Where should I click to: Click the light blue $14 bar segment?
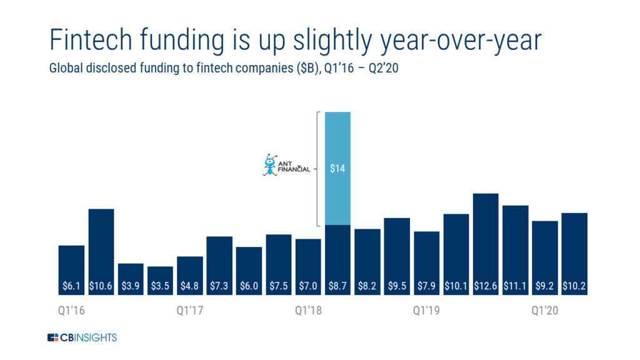(x=337, y=168)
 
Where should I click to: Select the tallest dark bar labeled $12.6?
(x=486, y=244)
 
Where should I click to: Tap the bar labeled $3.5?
(x=160, y=281)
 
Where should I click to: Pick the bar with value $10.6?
(x=101, y=252)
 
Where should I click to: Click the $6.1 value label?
(x=71, y=286)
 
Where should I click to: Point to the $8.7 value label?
(x=337, y=286)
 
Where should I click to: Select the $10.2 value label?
(x=574, y=286)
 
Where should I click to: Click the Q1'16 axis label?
(x=71, y=311)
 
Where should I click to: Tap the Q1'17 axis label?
(x=190, y=311)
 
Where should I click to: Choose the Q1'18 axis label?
(x=308, y=311)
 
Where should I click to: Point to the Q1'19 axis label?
(x=426, y=311)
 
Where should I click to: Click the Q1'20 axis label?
(x=545, y=311)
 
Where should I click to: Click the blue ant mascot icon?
(x=270, y=165)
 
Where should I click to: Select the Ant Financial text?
(x=294, y=166)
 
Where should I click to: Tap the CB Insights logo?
(x=82, y=337)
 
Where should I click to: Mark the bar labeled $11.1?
(x=515, y=250)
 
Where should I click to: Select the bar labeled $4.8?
(x=190, y=276)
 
